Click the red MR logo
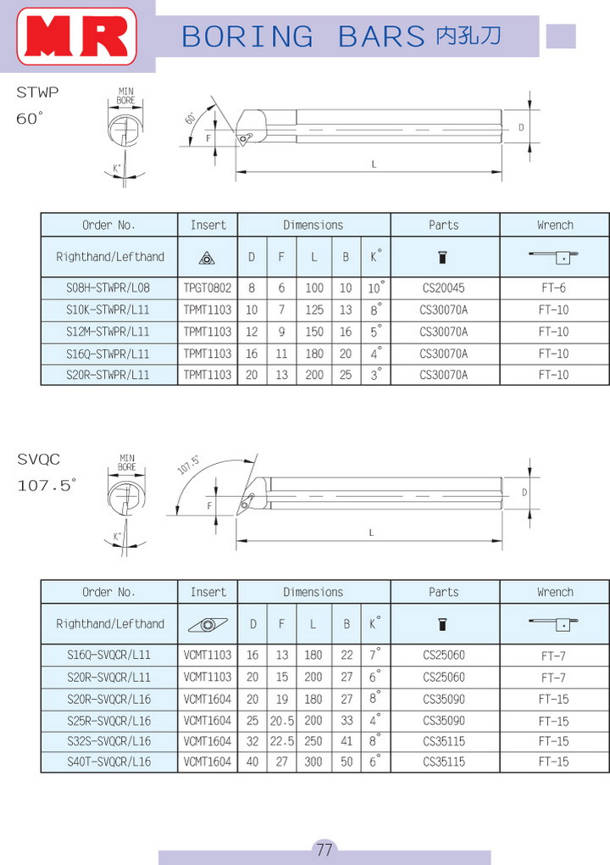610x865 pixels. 76,36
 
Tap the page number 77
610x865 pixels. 324,849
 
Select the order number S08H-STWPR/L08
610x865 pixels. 108,288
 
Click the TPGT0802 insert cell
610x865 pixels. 208,288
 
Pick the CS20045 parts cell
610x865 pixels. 444,288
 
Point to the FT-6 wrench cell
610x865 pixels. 553,288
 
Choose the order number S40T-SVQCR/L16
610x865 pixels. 108,762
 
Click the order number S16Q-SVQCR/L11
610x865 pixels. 108,655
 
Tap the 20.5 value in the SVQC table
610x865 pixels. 281,721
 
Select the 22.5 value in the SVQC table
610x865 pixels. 281,741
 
